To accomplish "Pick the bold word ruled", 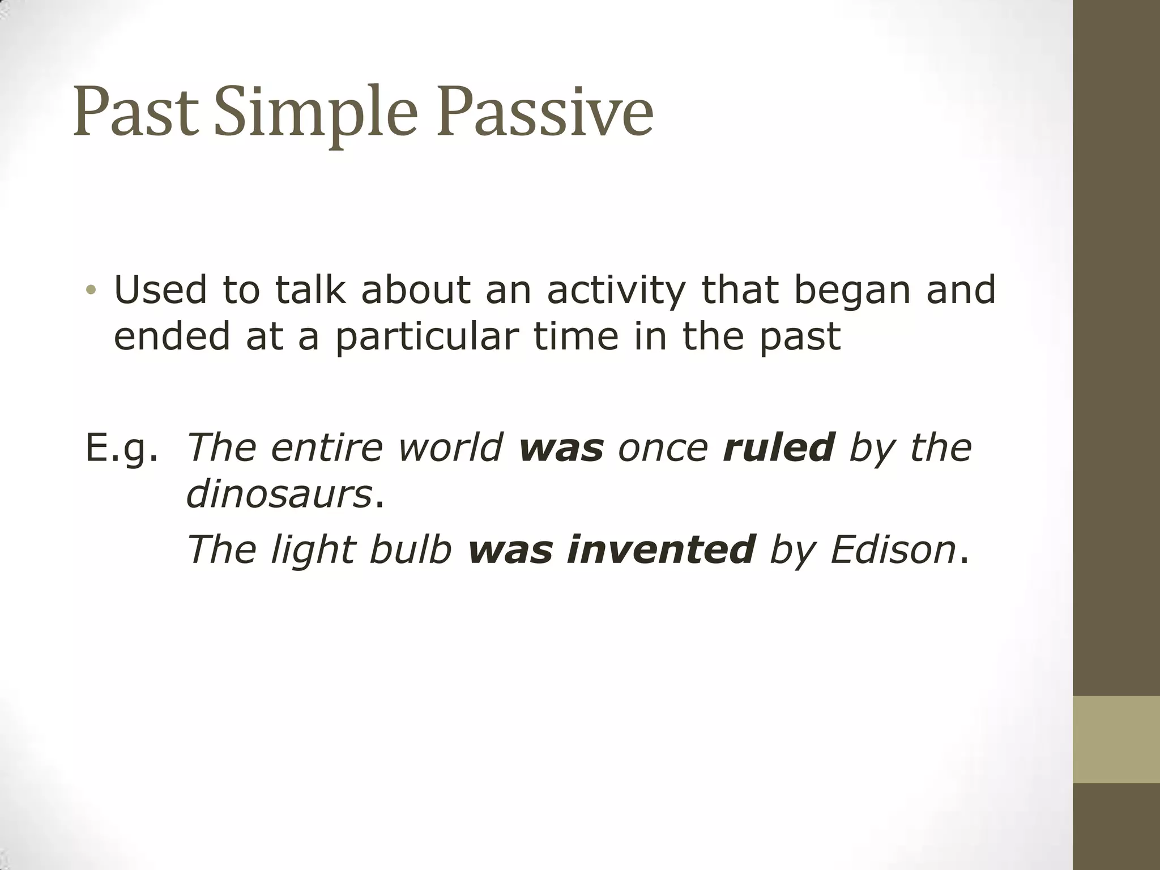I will pos(779,447).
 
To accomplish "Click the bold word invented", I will pos(661,549).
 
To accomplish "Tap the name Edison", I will pos(893,549).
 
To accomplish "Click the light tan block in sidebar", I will pos(1116,739).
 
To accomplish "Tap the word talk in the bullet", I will pos(309,290).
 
